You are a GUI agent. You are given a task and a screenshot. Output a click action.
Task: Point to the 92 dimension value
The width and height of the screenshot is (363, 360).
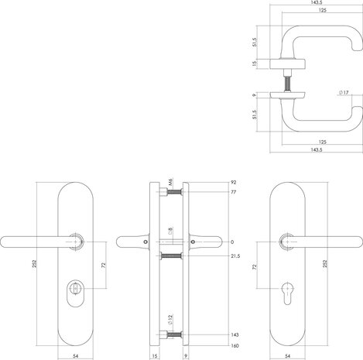tap(233, 183)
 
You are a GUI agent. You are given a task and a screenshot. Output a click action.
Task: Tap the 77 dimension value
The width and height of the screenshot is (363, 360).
tap(233, 193)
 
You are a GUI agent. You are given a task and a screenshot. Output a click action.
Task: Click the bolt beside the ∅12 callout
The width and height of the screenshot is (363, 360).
tap(174, 335)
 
